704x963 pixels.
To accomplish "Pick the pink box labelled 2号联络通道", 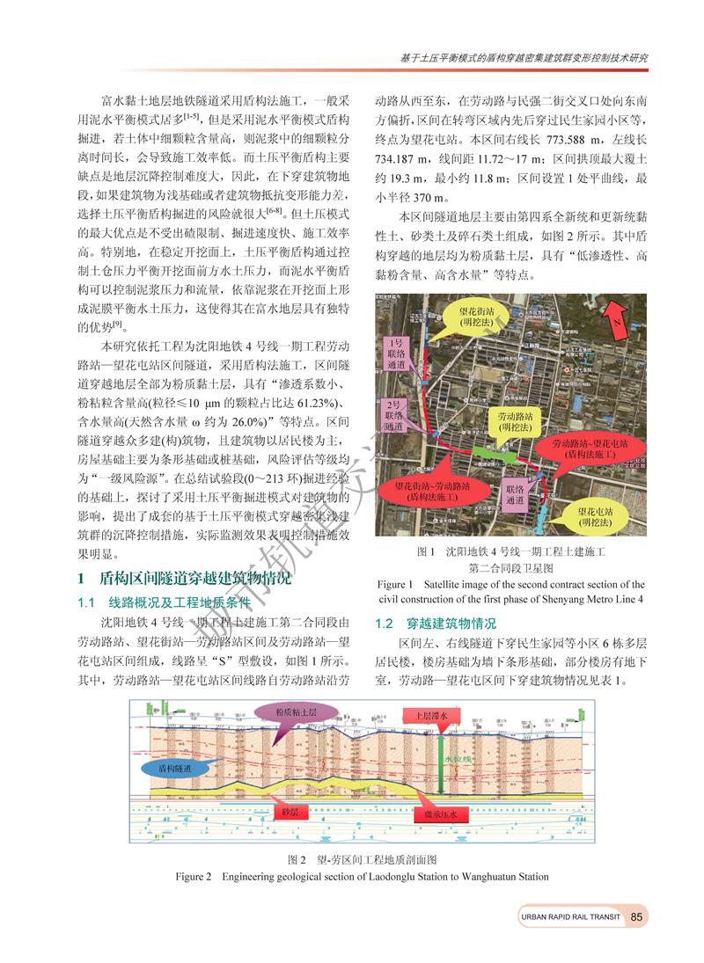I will point(395,414).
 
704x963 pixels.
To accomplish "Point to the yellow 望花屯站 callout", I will point(601,515).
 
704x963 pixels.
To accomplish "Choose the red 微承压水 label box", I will point(439,815).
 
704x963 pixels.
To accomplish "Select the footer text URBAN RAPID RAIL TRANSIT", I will point(570,917).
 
